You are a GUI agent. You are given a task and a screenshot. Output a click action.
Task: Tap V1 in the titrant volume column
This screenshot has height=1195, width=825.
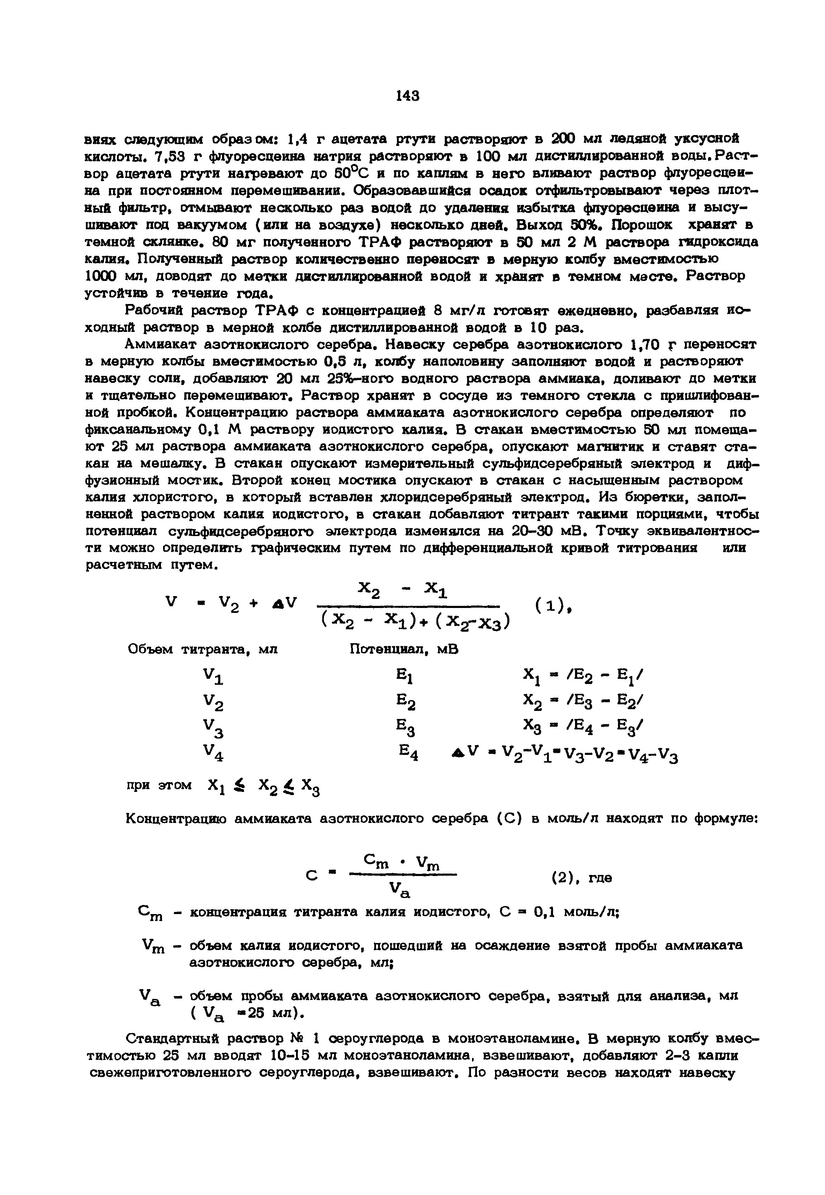(213, 677)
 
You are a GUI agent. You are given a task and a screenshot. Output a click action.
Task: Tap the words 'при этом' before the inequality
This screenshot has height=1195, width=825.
(159, 785)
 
